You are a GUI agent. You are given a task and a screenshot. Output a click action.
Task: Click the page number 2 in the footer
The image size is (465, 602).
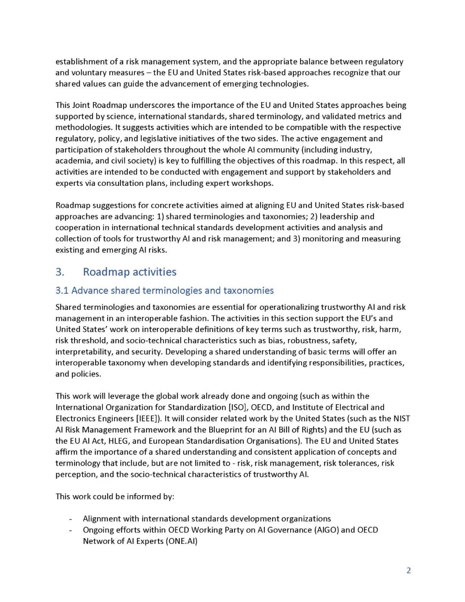pyautogui.click(x=409, y=571)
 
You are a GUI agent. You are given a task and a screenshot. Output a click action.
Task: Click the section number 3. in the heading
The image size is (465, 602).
pyautogui.click(x=60, y=272)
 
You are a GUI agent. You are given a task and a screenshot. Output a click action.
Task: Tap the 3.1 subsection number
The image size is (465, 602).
pyautogui.click(x=62, y=290)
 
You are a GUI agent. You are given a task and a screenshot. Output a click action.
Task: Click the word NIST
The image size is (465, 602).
pyautogui.click(x=401, y=418)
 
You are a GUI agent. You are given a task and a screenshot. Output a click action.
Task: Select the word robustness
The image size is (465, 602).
pyautogui.click(x=308, y=340)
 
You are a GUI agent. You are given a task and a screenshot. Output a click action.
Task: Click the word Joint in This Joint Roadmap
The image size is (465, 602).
pyautogui.click(x=81, y=105)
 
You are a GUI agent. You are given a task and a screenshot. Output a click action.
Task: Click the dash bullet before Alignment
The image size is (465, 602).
pyautogui.click(x=70, y=519)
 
